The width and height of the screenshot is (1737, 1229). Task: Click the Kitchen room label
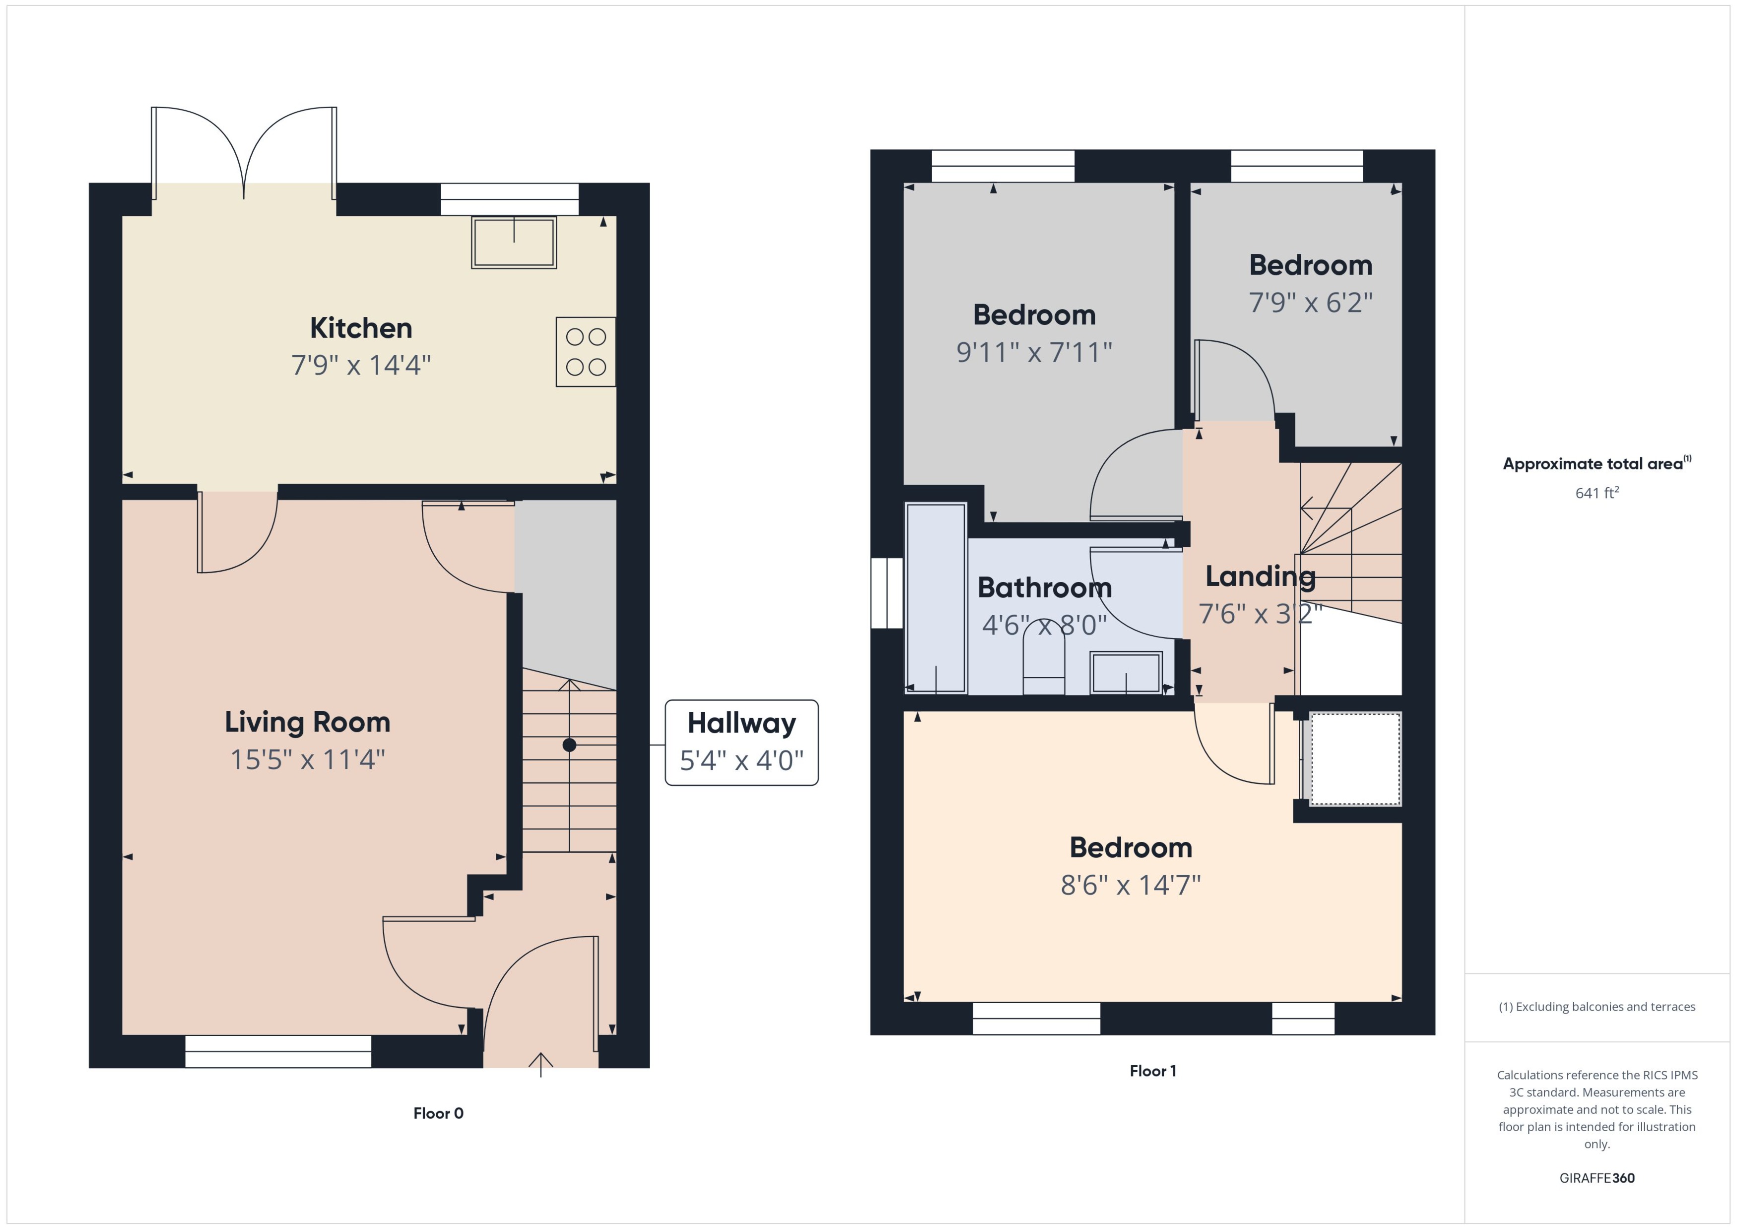tap(361, 327)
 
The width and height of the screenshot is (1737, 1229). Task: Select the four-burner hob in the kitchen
tap(585, 352)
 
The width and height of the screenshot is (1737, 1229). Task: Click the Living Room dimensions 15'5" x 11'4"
tap(307, 759)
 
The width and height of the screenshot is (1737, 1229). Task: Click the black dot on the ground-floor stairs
tap(569, 745)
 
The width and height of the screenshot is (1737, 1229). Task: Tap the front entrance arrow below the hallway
tap(540, 1063)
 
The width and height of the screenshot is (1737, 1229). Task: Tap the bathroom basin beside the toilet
tap(1126, 671)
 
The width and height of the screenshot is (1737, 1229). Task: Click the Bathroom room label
tap(1045, 587)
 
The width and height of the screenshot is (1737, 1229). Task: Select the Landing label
tap(1260, 576)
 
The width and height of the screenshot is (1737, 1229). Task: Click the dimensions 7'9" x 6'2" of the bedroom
tap(1310, 303)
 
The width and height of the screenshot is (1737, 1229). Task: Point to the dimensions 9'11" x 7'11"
tap(1034, 352)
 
